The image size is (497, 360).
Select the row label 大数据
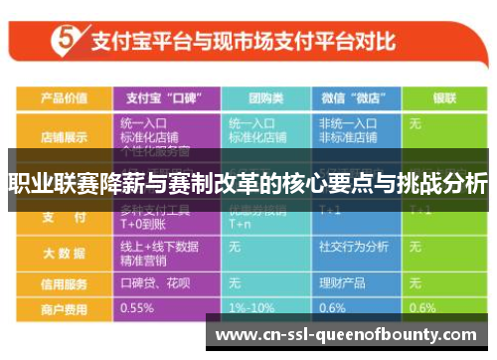[63, 254]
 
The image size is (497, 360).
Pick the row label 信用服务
[63, 284]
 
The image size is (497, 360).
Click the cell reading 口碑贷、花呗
[155, 284]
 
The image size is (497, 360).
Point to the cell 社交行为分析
[353, 246]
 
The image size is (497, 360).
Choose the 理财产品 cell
[344, 284]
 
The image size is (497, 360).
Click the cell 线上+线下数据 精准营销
[159, 254]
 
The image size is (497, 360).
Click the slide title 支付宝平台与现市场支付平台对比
[244, 43]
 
